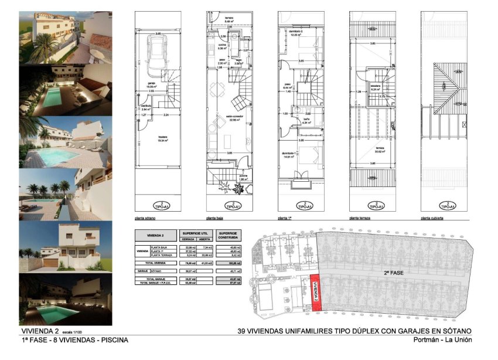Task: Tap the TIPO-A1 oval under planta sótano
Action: [156, 206]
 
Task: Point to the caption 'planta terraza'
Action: [361, 218]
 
